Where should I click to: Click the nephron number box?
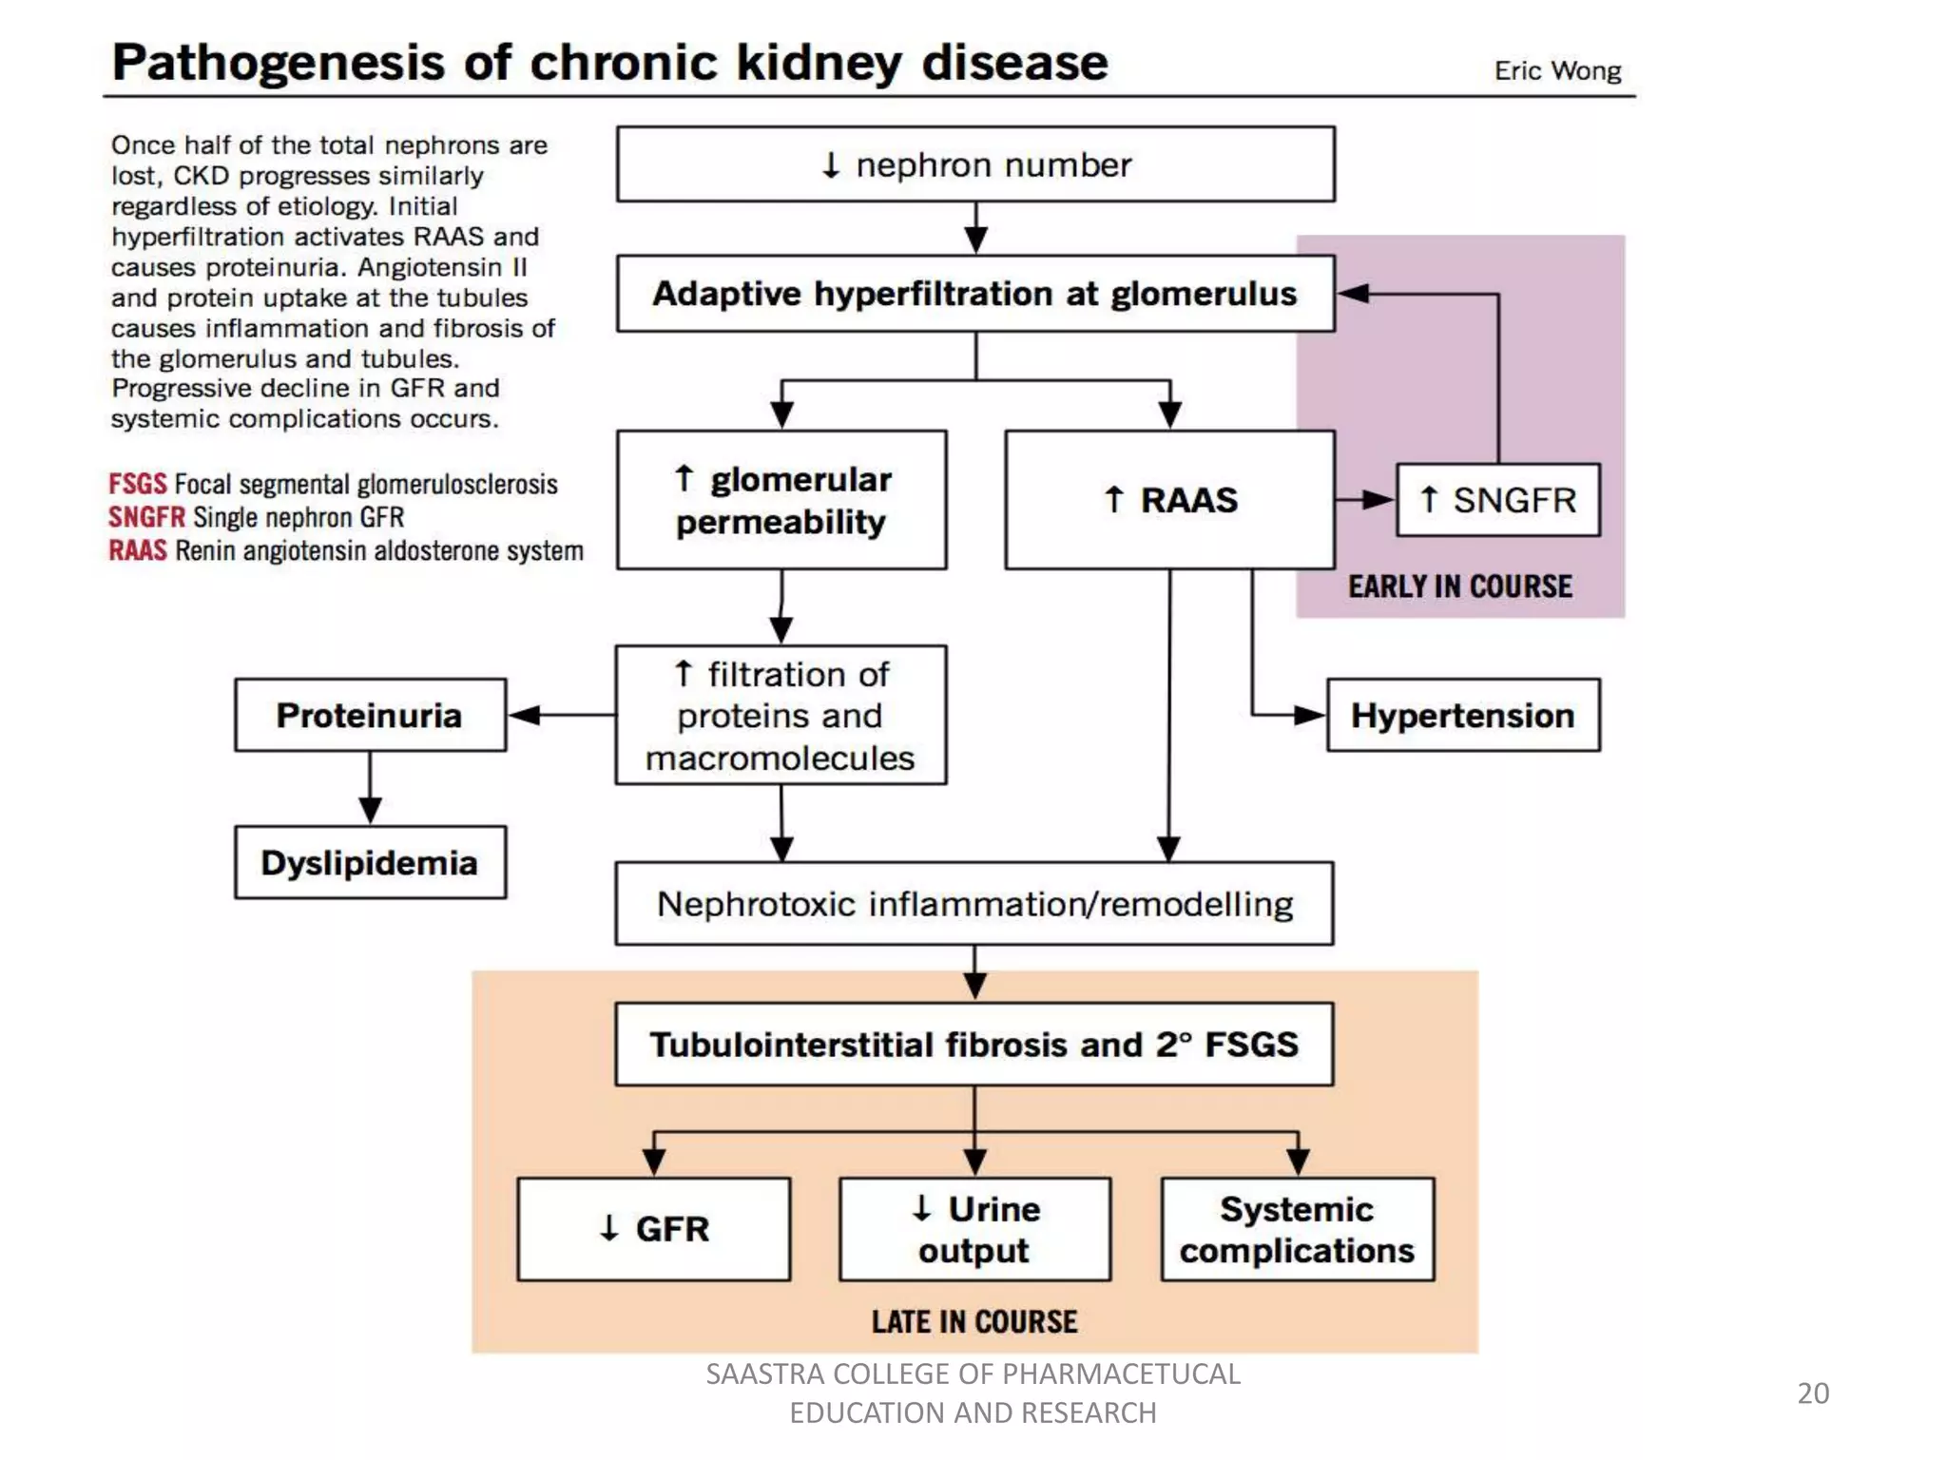[x=975, y=164]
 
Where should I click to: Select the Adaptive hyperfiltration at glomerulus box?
[x=975, y=294]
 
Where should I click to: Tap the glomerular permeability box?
[x=781, y=500]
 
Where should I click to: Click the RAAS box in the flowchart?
[x=1170, y=500]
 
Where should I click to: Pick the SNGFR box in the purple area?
[x=1497, y=500]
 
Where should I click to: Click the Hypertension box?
[x=1463, y=715]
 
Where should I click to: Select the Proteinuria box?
[x=370, y=715]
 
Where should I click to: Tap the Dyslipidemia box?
[x=370, y=862]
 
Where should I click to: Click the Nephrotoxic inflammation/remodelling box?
[x=974, y=903]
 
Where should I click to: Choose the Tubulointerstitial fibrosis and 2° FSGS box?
[x=974, y=1044]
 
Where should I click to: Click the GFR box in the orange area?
[x=654, y=1229]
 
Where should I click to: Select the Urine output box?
[x=974, y=1229]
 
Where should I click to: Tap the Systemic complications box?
[x=1298, y=1229]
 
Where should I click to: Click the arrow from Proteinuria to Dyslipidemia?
[x=370, y=789]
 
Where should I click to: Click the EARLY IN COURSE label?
[x=1460, y=586]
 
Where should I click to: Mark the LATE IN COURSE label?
[x=974, y=1321]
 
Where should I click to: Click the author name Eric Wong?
[x=1557, y=70]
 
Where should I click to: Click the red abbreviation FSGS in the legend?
[x=138, y=484]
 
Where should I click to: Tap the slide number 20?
[x=1813, y=1393]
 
